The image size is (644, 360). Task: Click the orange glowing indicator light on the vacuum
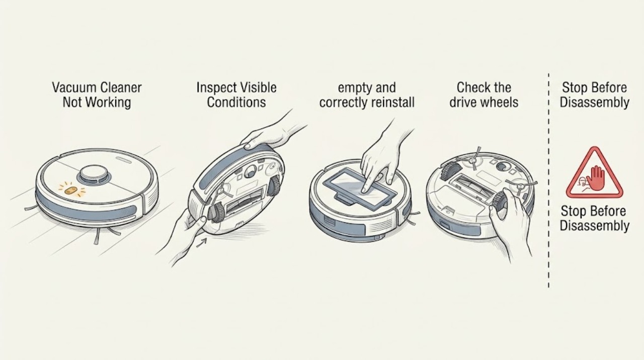tap(71, 190)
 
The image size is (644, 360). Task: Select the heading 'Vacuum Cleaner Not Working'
tap(97, 95)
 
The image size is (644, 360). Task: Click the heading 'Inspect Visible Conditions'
tap(236, 95)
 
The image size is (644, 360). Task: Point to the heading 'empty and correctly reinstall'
tap(367, 95)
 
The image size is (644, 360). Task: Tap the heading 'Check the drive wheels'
tap(484, 95)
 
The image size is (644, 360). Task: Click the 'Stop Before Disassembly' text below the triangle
tap(595, 218)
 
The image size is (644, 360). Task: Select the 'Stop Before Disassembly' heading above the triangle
tap(595, 95)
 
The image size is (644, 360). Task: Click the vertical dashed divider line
tap(548, 180)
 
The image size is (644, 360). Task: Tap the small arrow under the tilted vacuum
tap(202, 242)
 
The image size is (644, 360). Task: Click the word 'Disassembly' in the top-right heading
tap(595, 102)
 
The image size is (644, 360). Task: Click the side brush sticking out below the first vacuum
tap(97, 236)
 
